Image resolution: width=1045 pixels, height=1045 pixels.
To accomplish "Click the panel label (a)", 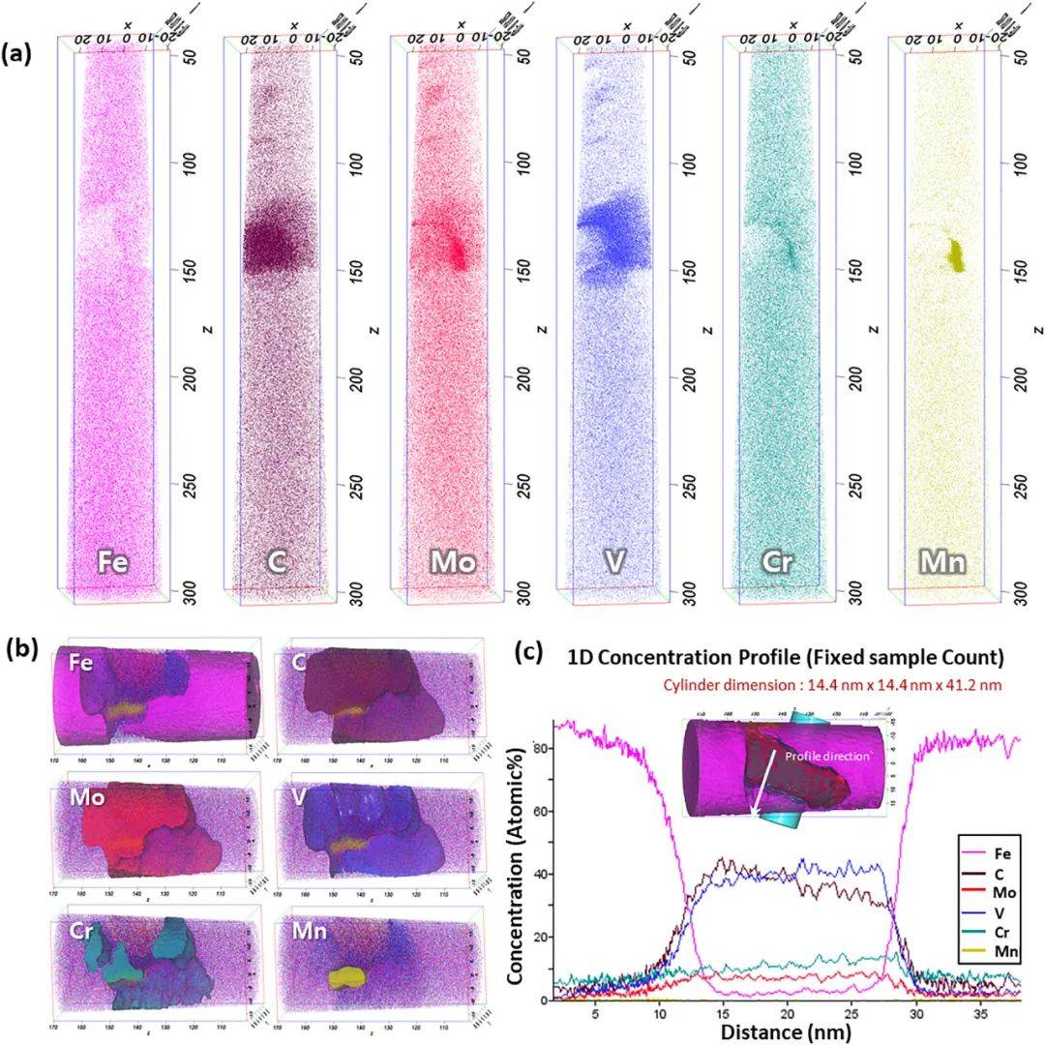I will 18,54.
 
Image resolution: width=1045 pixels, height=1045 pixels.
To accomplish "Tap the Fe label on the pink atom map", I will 111,561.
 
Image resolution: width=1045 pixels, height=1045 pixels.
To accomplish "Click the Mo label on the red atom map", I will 453,561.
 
